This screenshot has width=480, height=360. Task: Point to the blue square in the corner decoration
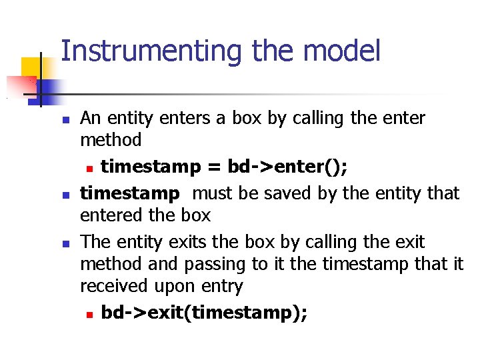point(47,89)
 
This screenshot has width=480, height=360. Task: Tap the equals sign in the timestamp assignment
point(213,166)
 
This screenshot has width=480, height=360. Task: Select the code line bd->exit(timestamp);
point(204,313)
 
